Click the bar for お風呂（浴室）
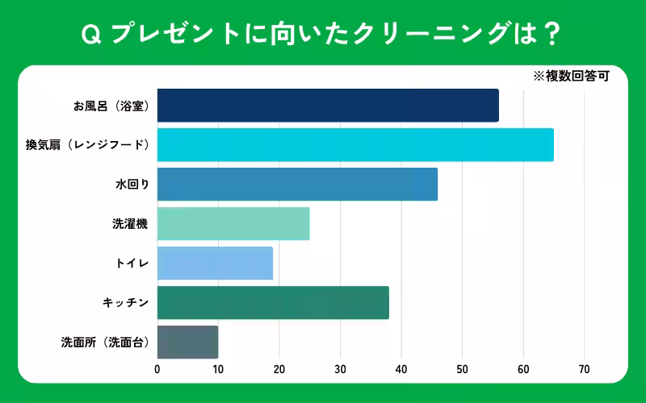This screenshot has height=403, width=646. [328, 106]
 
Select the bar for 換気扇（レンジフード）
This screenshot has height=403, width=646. [355, 145]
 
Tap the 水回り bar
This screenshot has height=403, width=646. [297, 185]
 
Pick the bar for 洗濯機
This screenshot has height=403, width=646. [233, 224]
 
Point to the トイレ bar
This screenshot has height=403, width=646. [215, 264]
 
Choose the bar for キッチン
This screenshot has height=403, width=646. [273, 303]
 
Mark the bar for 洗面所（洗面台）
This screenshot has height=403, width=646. [187, 343]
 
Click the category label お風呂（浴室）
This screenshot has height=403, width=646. [111, 106]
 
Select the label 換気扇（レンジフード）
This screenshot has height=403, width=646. [87, 145]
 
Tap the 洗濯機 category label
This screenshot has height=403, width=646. [130, 224]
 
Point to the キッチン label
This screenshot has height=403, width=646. [125, 303]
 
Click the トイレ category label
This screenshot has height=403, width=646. [132, 264]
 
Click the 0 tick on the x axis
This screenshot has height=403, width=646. [157, 370]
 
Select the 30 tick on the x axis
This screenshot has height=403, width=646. [340, 370]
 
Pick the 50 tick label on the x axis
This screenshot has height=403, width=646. [462, 370]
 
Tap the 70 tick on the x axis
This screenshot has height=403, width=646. [584, 370]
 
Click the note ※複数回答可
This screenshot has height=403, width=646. [570, 77]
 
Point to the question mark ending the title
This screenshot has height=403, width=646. [554, 34]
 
